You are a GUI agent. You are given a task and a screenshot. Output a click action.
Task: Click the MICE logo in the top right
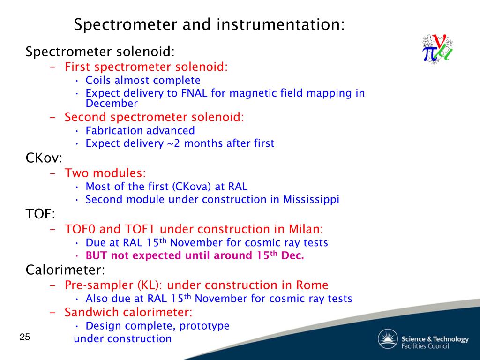tap(437, 49)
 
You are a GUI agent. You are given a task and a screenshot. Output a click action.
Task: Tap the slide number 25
tap(25, 337)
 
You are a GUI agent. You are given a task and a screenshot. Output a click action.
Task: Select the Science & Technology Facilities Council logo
tap(423, 339)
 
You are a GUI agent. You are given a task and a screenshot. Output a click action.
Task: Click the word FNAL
tap(194, 93)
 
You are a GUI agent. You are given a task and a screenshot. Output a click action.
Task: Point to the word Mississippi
tap(311, 200)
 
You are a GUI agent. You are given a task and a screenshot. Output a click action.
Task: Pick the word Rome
tap(312, 285)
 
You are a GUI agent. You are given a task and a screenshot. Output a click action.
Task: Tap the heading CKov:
tap(44, 158)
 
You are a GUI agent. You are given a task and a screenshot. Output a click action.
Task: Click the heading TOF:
tap(40, 214)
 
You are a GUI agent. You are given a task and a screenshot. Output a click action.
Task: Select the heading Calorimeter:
tap(66, 270)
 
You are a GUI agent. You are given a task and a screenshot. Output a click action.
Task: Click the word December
tap(112, 104)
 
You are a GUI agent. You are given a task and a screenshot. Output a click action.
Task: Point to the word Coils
tap(98, 80)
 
